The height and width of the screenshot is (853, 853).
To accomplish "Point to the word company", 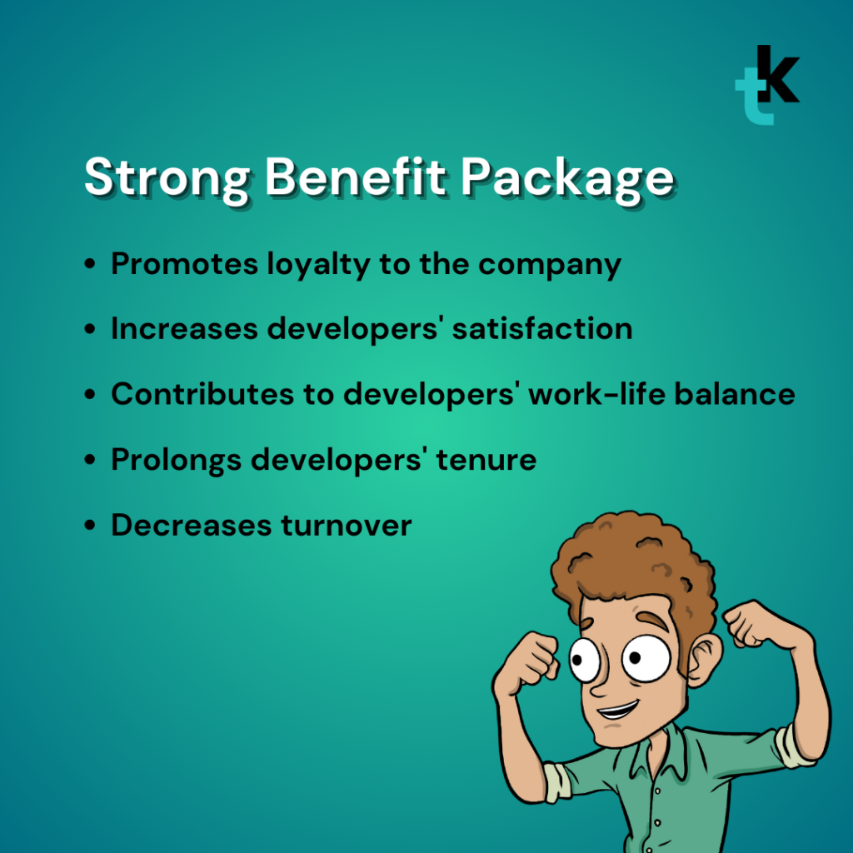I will coord(550,264).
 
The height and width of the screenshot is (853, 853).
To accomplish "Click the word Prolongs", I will coord(175,459).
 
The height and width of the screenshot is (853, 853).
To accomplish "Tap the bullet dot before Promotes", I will coord(90,266).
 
